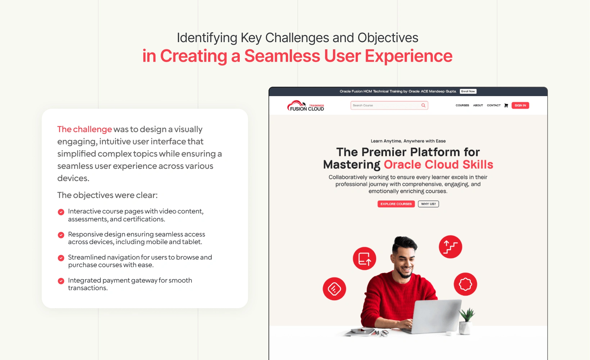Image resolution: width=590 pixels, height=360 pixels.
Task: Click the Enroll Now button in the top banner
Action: (x=468, y=91)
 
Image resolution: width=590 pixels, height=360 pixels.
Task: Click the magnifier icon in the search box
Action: (x=423, y=105)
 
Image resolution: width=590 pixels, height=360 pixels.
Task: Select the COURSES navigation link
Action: (x=462, y=105)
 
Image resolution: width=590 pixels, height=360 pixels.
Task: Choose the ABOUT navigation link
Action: (x=478, y=105)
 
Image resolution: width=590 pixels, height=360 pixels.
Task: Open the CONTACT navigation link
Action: (x=494, y=105)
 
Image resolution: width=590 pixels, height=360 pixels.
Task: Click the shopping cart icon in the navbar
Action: (x=506, y=105)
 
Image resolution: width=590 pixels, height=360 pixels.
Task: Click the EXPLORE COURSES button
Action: (x=396, y=204)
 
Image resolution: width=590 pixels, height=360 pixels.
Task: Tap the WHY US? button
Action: (x=428, y=204)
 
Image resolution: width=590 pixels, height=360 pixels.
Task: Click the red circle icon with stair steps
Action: (x=450, y=247)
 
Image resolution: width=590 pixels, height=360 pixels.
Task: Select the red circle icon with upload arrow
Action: (x=365, y=258)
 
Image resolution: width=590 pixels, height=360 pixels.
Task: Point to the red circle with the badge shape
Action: (x=465, y=284)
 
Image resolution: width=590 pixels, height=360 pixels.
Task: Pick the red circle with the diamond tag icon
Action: (x=334, y=289)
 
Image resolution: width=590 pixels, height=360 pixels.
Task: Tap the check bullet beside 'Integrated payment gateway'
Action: (x=61, y=281)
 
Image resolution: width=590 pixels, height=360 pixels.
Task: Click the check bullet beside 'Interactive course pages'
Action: (x=61, y=212)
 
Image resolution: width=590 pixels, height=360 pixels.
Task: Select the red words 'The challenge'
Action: (x=85, y=129)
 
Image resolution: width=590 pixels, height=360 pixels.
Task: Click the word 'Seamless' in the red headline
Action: (x=282, y=56)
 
